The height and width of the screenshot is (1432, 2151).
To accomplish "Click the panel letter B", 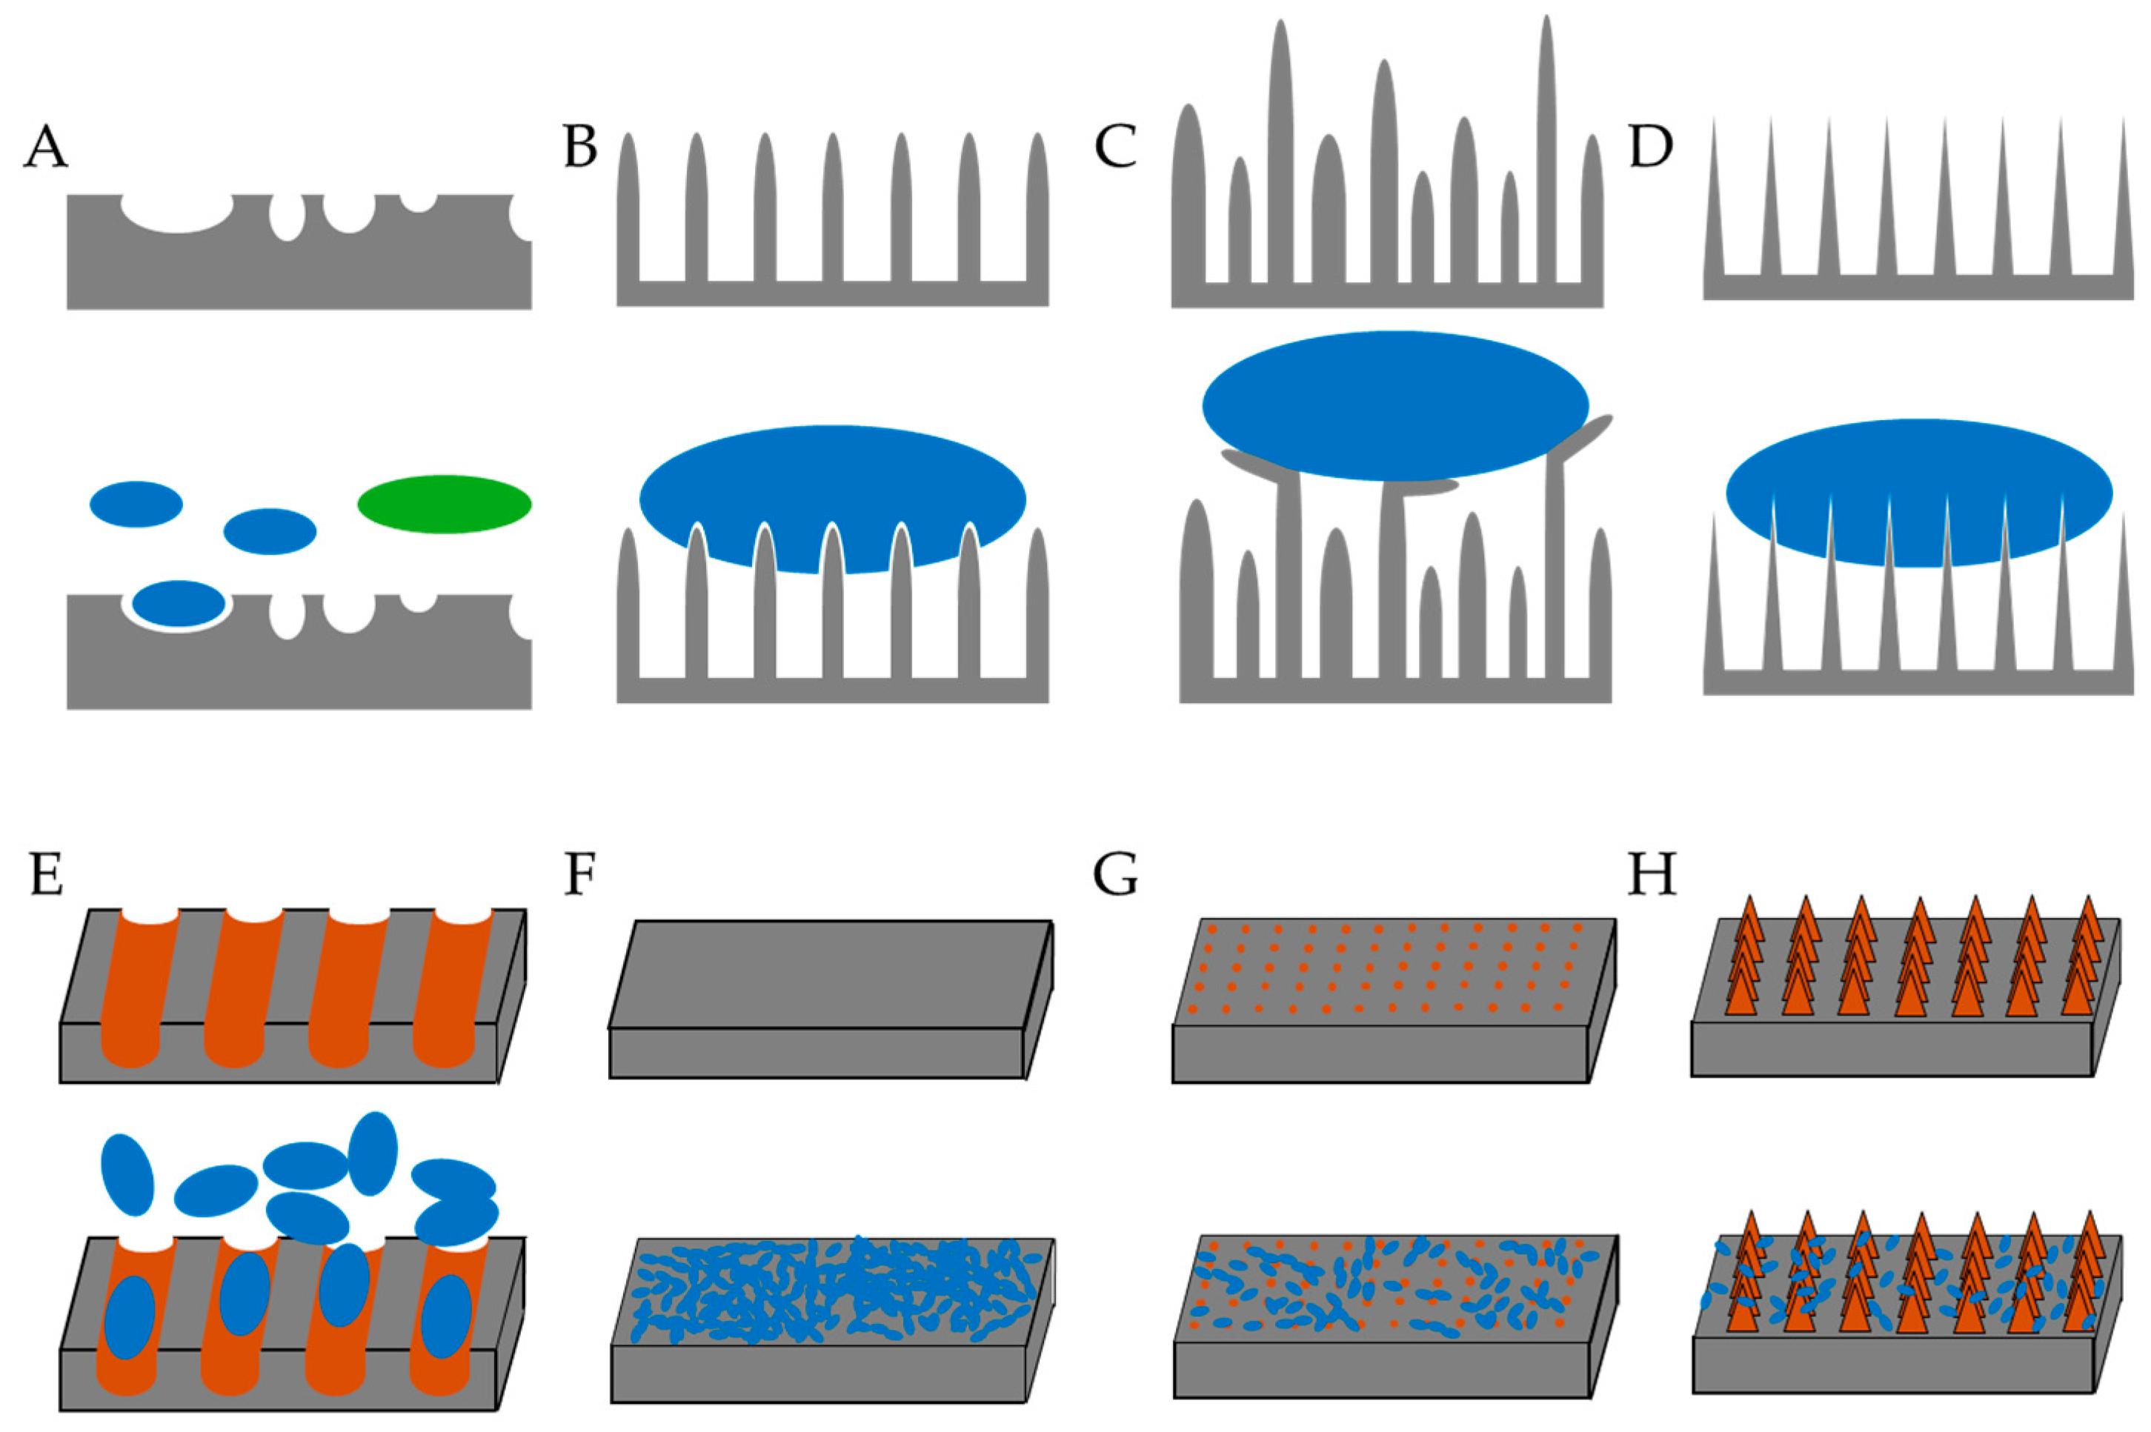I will (x=581, y=146).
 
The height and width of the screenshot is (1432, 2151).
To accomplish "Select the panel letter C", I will (x=1115, y=146).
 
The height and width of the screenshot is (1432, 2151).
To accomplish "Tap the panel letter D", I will (x=1650, y=146).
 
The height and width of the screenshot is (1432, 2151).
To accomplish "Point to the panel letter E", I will (x=46, y=874).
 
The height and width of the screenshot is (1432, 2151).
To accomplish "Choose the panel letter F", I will (x=581, y=874).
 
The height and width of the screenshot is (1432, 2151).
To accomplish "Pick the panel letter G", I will (x=1115, y=874).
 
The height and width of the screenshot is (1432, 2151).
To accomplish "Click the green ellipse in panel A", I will (x=444, y=504).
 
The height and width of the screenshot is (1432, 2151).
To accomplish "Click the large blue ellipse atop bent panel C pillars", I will (x=1394, y=404).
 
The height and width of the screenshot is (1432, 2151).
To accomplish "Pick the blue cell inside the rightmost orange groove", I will (x=446, y=1316).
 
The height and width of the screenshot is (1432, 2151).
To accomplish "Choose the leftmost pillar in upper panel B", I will (x=628, y=210).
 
